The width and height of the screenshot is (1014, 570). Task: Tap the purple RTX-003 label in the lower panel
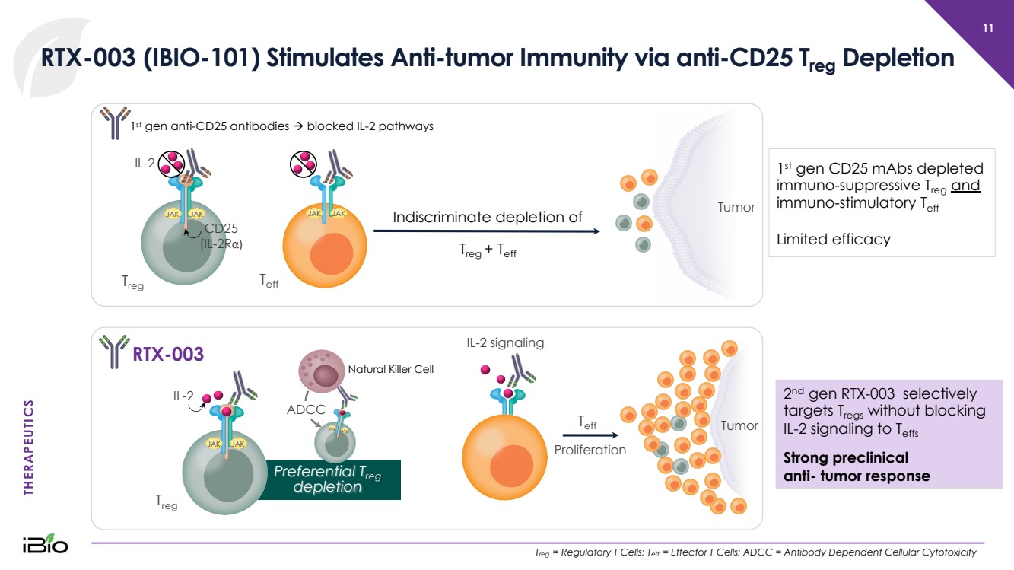click(x=168, y=354)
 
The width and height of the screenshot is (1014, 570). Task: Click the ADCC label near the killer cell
click(x=306, y=409)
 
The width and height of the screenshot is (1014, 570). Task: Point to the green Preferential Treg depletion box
click(x=333, y=479)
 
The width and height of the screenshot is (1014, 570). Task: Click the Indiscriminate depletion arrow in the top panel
click(x=487, y=231)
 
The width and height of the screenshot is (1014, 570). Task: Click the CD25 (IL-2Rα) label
click(x=221, y=237)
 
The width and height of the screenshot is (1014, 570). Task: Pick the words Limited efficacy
click(x=833, y=240)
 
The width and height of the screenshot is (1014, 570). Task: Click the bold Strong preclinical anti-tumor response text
click(x=856, y=467)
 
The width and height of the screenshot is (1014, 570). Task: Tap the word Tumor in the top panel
click(x=736, y=207)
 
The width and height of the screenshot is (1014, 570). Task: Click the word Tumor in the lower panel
click(x=739, y=425)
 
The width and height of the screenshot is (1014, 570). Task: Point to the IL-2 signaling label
click(x=505, y=342)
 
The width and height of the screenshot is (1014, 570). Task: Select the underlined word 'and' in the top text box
click(x=965, y=186)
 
